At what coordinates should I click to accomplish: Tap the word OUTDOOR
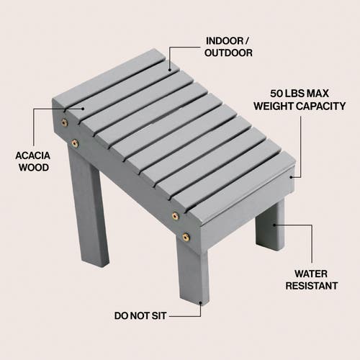tap(229, 53)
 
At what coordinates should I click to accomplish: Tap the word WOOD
tap(32, 167)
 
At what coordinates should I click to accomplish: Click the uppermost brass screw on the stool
tap(65, 122)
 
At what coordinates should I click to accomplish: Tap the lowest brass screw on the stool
tap(186, 236)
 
